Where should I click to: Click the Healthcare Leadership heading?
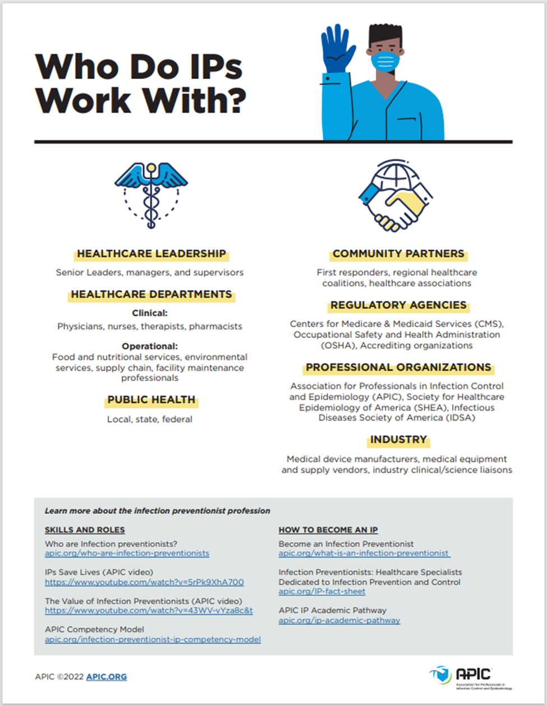pyautogui.click(x=151, y=254)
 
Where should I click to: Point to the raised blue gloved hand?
pyautogui.click(x=338, y=50)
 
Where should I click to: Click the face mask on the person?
pyautogui.click(x=385, y=60)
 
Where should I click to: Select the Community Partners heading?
pyautogui.click(x=398, y=254)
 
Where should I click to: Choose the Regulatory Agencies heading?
pyautogui.click(x=398, y=306)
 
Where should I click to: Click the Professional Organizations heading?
pyautogui.click(x=398, y=368)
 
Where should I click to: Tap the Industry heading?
pyautogui.click(x=398, y=440)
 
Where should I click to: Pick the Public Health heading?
pyautogui.click(x=151, y=400)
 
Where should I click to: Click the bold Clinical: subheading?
pyautogui.click(x=150, y=313)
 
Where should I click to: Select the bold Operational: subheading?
pyautogui.click(x=150, y=346)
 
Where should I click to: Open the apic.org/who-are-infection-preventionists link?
pyautogui.click(x=127, y=553)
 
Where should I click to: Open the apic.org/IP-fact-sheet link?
pyautogui.click(x=322, y=592)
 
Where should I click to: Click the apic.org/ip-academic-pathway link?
pyautogui.click(x=339, y=621)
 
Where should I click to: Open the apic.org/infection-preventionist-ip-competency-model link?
pyautogui.click(x=153, y=640)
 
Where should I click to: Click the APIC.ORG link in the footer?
pyautogui.click(x=107, y=677)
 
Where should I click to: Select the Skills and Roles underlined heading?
pyautogui.click(x=85, y=530)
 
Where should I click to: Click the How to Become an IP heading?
pyautogui.click(x=328, y=530)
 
